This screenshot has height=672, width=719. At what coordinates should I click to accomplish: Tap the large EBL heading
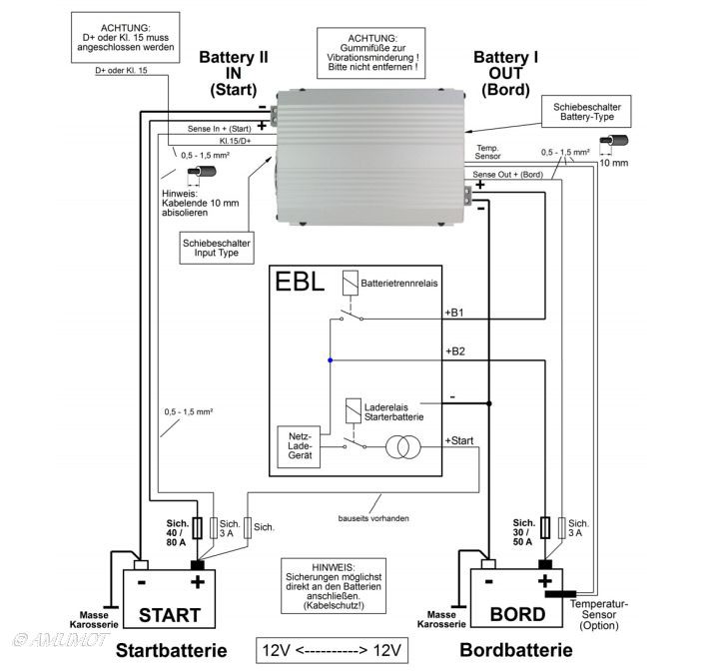[300, 282]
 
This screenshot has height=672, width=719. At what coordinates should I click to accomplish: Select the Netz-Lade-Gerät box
[302, 444]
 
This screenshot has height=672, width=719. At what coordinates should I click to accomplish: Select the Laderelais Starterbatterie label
[401, 410]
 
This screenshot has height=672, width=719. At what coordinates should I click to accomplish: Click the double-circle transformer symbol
[405, 447]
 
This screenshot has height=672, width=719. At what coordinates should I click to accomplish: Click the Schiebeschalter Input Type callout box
[218, 247]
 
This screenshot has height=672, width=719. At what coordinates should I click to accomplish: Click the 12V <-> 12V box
[333, 650]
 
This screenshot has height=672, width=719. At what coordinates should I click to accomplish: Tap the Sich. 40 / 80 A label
[176, 536]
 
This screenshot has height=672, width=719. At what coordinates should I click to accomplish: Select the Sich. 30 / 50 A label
[523, 536]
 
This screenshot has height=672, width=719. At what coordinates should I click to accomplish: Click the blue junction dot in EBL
[330, 359]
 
